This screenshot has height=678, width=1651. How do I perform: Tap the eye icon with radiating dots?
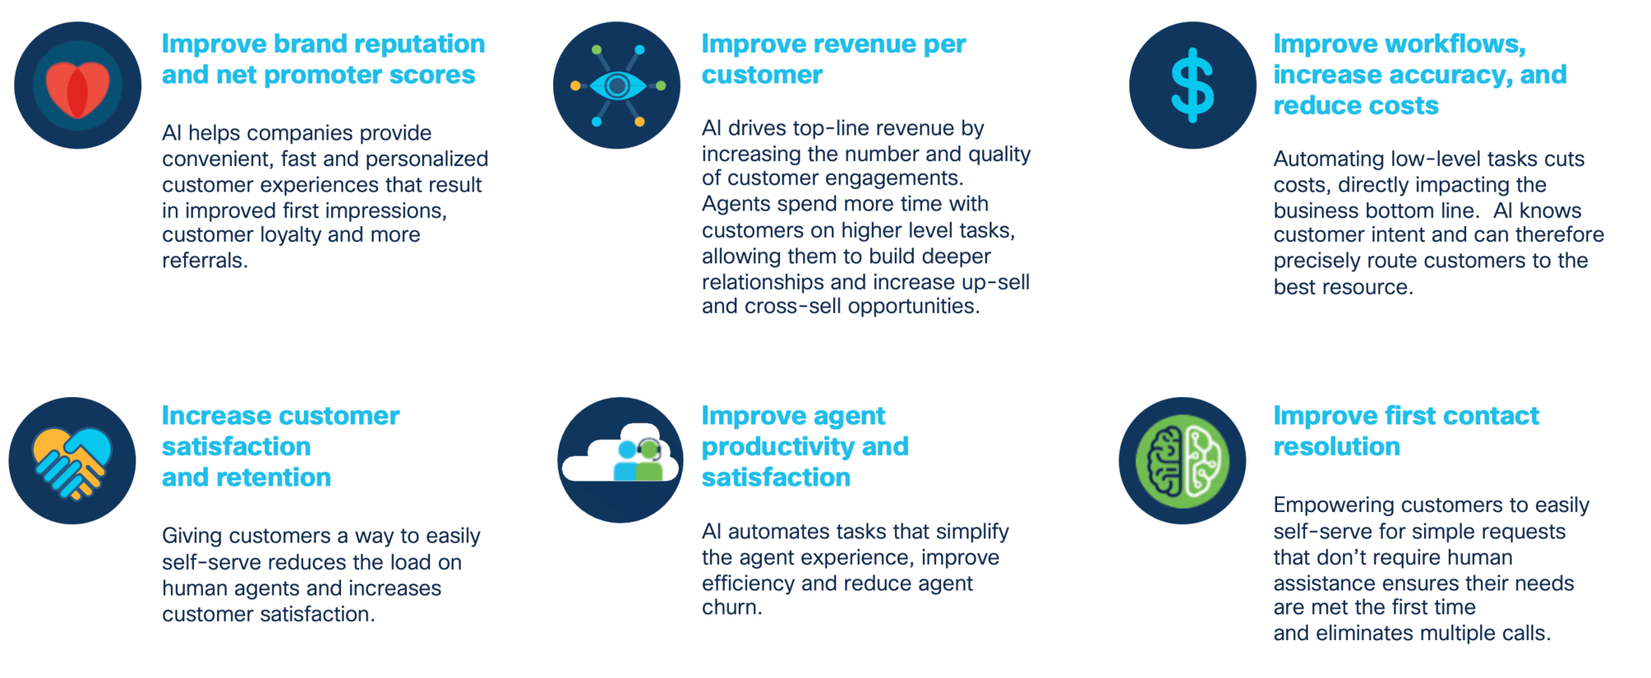(x=617, y=86)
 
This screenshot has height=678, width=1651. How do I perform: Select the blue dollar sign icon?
(x=1193, y=86)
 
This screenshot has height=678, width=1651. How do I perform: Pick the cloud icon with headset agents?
(x=621, y=460)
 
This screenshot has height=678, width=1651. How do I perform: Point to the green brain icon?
(x=1182, y=461)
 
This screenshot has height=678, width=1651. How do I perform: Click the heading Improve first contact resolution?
(x=1406, y=431)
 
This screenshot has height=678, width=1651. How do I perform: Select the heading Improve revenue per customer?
(x=834, y=59)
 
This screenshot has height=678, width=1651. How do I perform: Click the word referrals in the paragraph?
(x=205, y=261)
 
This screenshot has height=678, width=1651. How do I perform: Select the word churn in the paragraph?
(x=732, y=608)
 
